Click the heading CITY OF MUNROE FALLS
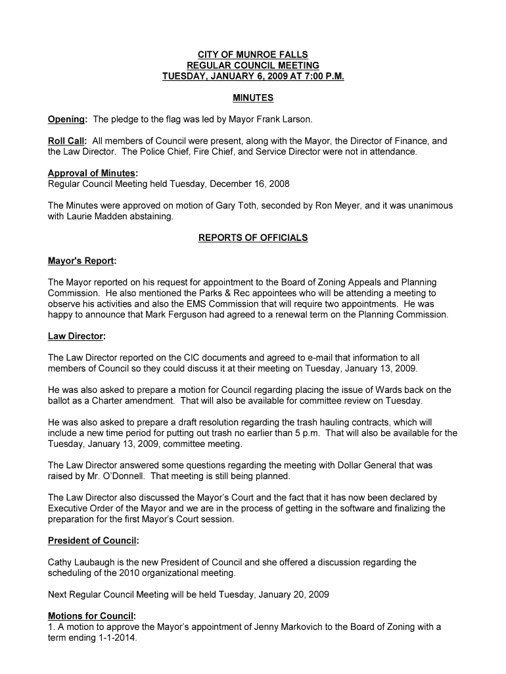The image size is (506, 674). (253, 55)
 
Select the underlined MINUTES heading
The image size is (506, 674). (253, 98)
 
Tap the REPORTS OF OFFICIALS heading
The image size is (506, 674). (253, 238)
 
